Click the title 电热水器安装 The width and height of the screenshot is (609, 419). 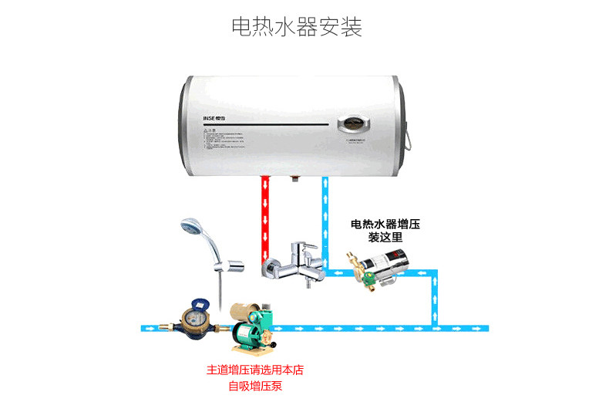tap(297, 26)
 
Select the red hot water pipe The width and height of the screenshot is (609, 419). tap(265, 216)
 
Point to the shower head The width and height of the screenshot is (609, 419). tap(189, 228)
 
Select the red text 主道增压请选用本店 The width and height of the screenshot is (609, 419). tap(255, 370)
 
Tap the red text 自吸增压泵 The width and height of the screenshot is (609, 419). tap(255, 385)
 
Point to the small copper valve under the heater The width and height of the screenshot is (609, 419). tap(294, 182)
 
